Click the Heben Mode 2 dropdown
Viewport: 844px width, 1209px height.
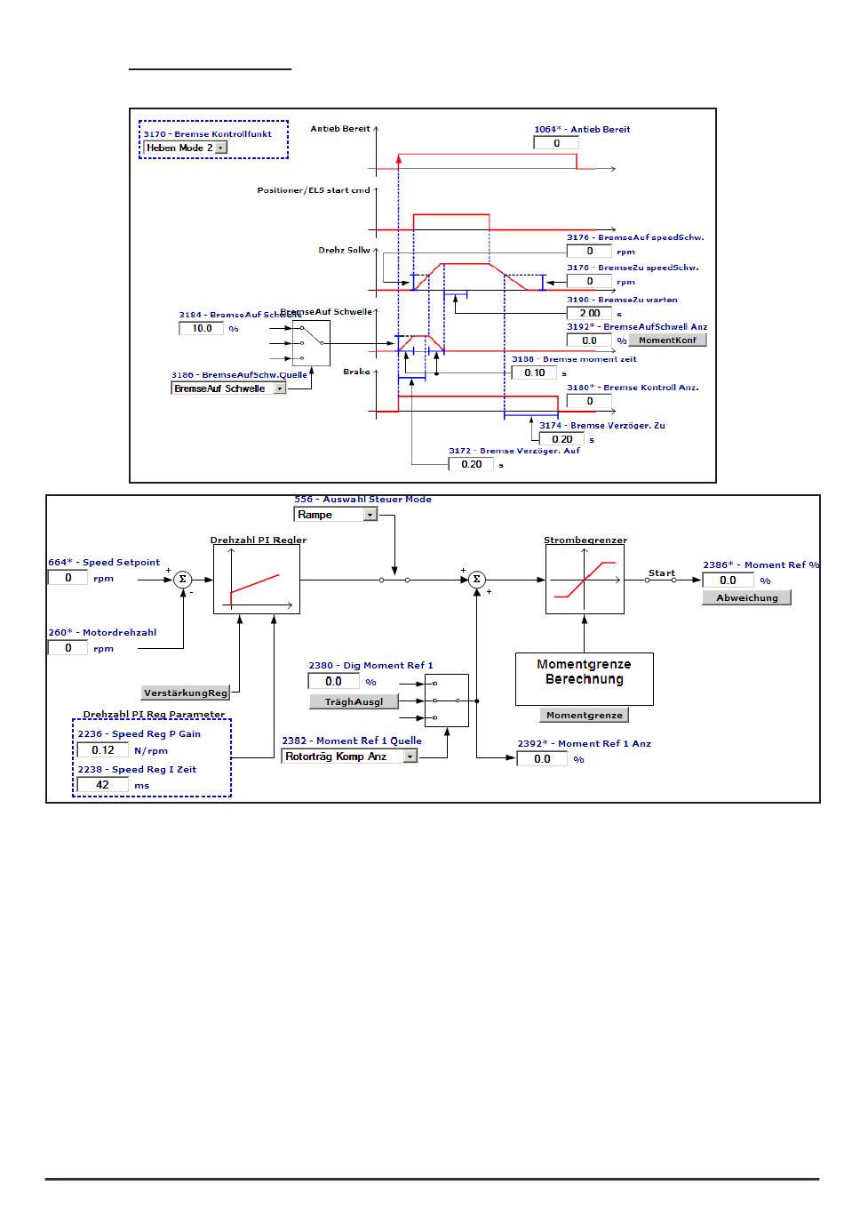coord(186,148)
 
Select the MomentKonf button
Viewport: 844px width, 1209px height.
coord(667,340)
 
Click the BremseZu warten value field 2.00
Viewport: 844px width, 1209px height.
coord(589,313)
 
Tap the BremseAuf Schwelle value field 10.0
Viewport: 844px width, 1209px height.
coord(202,328)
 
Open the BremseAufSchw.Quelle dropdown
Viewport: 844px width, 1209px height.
coord(228,388)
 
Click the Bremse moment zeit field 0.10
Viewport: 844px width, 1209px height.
coord(534,372)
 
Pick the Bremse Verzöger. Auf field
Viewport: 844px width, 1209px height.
coord(471,464)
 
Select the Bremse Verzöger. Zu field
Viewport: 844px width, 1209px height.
coord(561,438)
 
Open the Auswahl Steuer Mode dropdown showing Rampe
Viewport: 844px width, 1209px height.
coord(336,515)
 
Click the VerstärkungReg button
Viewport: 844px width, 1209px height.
coord(186,693)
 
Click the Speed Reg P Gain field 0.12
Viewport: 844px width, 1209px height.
coord(103,750)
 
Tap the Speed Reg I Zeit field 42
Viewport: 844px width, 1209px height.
coord(102,785)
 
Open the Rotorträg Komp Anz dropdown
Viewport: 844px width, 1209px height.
coord(349,757)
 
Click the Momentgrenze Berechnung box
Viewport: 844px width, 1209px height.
coord(584,679)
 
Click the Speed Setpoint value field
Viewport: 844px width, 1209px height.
coord(68,578)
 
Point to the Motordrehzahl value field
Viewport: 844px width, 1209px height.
coord(68,648)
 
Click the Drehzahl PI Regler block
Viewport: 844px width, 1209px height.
coord(257,580)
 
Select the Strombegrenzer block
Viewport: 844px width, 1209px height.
coord(585,580)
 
